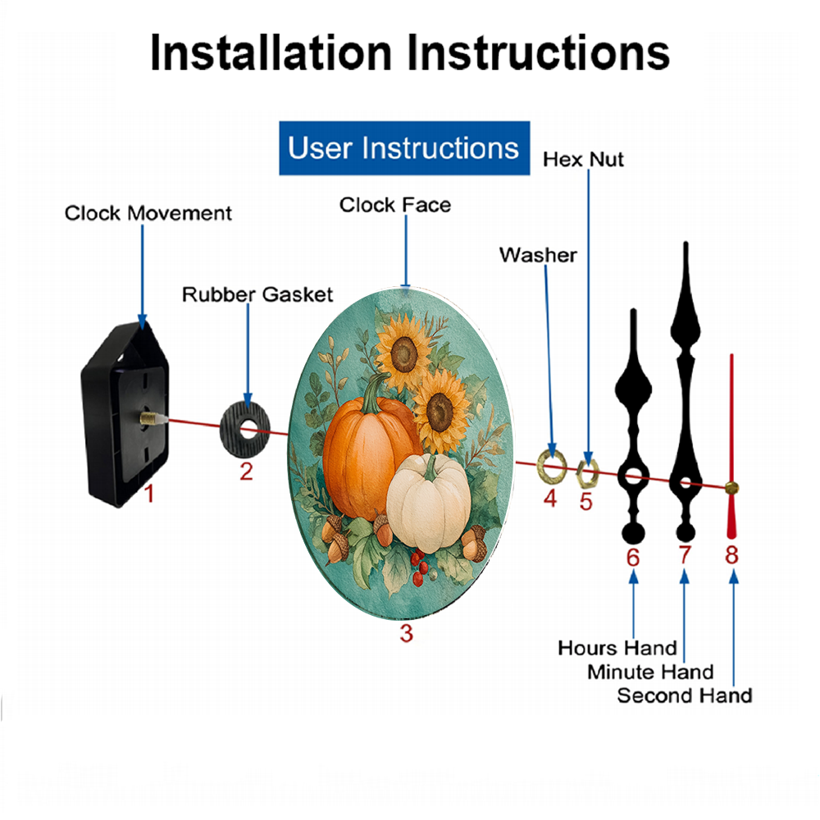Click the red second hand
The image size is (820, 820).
tap(731, 444)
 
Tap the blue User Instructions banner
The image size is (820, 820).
tap(404, 148)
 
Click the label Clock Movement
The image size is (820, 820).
tap(148, 213)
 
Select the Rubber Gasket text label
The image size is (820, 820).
tap(257, 294)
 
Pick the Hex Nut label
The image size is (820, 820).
tap(583, 160)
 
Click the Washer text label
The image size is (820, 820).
tap(538, 255)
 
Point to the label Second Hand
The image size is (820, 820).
tap(685, 695)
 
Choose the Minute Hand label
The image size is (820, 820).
tap(650, 672)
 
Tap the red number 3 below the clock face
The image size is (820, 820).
tap(407, 633)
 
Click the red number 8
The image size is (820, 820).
tap(731, 555)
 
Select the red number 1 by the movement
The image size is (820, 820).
tap(149, 494)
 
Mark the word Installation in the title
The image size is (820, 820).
tap(271, 52)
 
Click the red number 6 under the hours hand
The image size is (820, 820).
tap(633, 558)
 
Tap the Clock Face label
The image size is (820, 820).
tap(395, 205)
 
